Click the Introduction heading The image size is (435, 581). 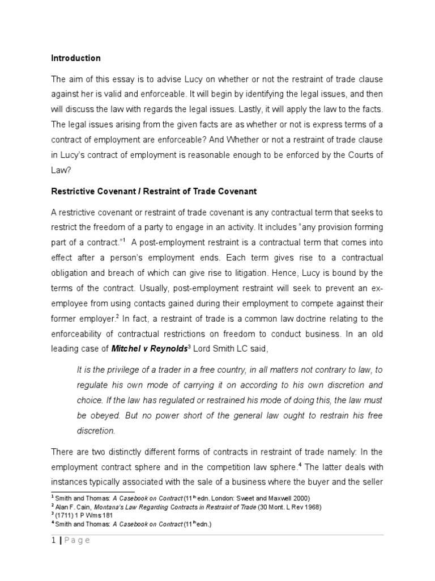point(76,58)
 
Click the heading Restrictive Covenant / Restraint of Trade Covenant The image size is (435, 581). point(153,191)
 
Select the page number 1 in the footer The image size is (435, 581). point(53,540)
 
